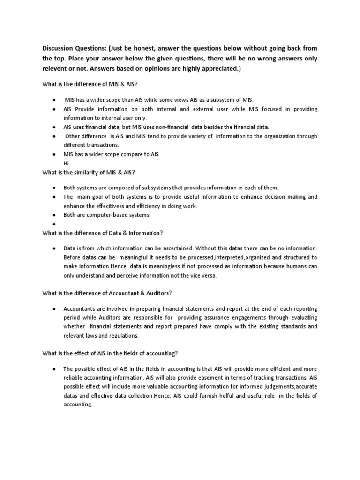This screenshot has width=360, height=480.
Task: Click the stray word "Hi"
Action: [x=67, y=163]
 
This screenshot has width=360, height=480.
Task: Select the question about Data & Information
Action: [x=102, y=233]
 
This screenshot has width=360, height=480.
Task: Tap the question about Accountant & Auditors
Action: [x=107, y=293]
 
